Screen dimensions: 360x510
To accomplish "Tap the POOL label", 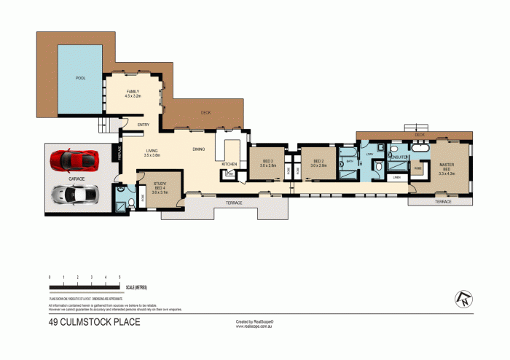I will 80,78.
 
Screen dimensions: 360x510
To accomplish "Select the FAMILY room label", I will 133,93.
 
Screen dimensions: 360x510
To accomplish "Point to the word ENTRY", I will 144,125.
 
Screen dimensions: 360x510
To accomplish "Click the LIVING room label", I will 152,152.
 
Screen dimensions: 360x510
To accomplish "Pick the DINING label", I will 198,149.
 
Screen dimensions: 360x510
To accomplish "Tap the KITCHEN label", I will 229,164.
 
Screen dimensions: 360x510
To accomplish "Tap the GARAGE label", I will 77,178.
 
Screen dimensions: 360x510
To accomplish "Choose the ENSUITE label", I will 399,157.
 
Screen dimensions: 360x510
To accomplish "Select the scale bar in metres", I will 85,283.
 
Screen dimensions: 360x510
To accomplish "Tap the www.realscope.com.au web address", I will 254,326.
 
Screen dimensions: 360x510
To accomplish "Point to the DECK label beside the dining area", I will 206,112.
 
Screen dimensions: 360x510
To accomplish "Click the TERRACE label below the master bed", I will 443,202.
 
